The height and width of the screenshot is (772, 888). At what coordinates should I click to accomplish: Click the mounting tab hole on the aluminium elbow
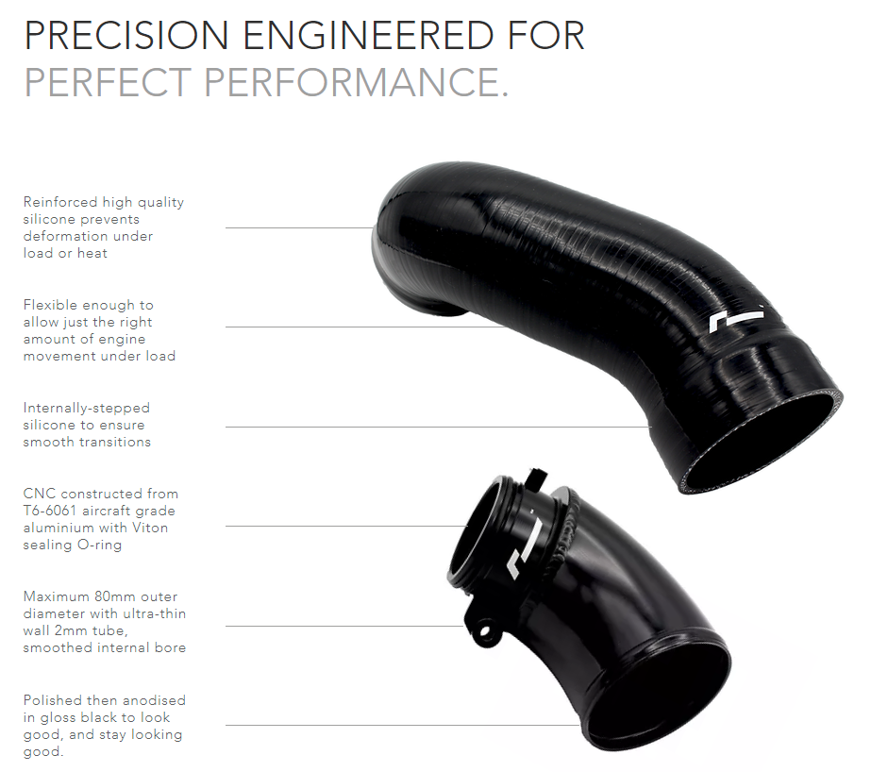click(487, 627)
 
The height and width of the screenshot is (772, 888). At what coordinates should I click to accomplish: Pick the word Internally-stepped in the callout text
click(87, 408)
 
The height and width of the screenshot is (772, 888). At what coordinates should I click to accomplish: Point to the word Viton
click(147, 528)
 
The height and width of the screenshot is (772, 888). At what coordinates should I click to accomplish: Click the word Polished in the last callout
click(54, 700)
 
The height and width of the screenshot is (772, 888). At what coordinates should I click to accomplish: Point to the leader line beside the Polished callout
click(377, 726)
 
